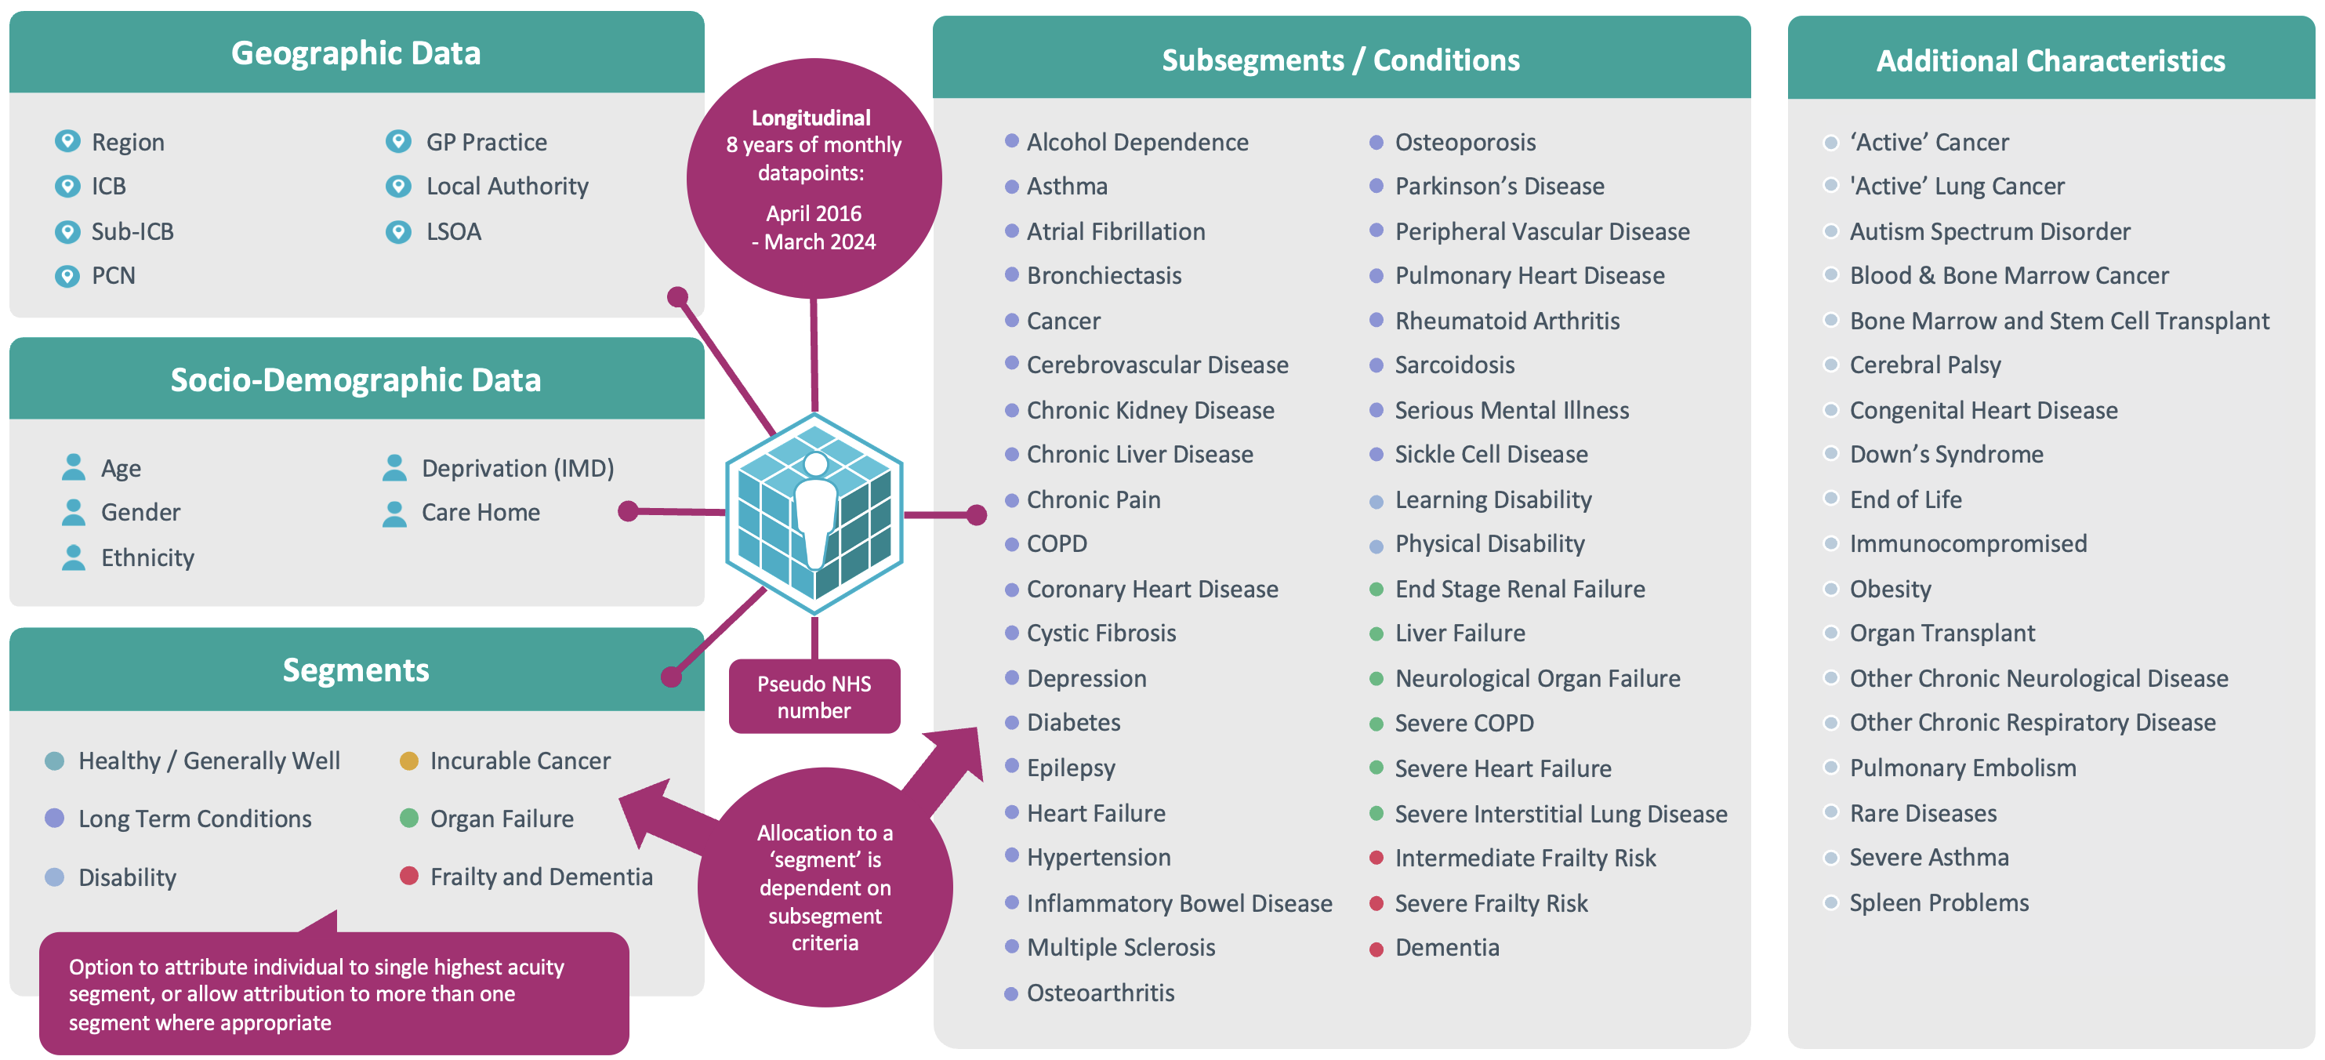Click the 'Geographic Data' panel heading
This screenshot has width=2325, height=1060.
(356, 53)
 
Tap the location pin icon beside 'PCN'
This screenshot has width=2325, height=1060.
(67, 275)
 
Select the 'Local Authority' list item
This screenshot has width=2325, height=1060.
(506, 186)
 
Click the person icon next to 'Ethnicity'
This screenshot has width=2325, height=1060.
(73, 557)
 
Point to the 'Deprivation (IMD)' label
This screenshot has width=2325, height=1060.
(517, 468)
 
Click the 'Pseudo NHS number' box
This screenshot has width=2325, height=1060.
(814, 696)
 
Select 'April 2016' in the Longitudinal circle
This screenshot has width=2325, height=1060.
(813, 214)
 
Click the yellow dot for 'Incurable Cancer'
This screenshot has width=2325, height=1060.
(409, 761)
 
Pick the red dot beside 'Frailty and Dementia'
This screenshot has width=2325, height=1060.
(409, 876)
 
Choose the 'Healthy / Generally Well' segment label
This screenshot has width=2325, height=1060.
(209, 761)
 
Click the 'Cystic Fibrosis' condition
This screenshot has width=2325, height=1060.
(1101, 633)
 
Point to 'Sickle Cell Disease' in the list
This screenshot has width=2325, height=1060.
(1490, 454)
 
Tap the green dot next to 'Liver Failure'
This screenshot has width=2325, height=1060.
(1377, 633)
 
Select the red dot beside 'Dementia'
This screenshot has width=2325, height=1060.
(1377, 949)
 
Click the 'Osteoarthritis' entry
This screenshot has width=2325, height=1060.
(1101, 993)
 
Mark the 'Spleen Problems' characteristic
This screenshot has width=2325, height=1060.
(1939, 903)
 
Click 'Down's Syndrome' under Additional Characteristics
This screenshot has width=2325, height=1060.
(1946, 454)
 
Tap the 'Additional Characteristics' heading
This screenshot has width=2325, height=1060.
(2050, 60)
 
